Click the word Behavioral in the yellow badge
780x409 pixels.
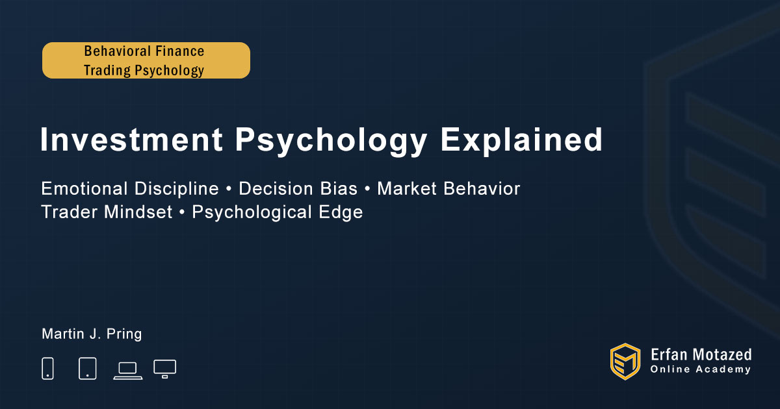tap(117, 51)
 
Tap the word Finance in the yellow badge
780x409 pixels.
tap(179, 51)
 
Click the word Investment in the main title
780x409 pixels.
tap(131, 140)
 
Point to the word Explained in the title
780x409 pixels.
tap(521, 140)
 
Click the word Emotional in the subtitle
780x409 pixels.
tap(84, 188)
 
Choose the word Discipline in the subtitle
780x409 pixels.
tap(177, 189)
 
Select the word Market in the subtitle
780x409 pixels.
tap(407, 188)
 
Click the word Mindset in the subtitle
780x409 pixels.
tap(138, 212)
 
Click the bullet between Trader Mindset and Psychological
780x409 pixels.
tap(182, 212)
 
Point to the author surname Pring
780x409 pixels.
tap(124, 334)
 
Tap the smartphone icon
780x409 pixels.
tap(47, 368)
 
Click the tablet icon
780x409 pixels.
tap(87, 368)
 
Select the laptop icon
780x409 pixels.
tap(128, 371)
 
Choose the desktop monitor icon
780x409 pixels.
tap(164, 369)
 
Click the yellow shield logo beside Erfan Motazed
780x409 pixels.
tap(625, 362)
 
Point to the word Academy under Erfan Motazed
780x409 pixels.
tap(723, 369)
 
